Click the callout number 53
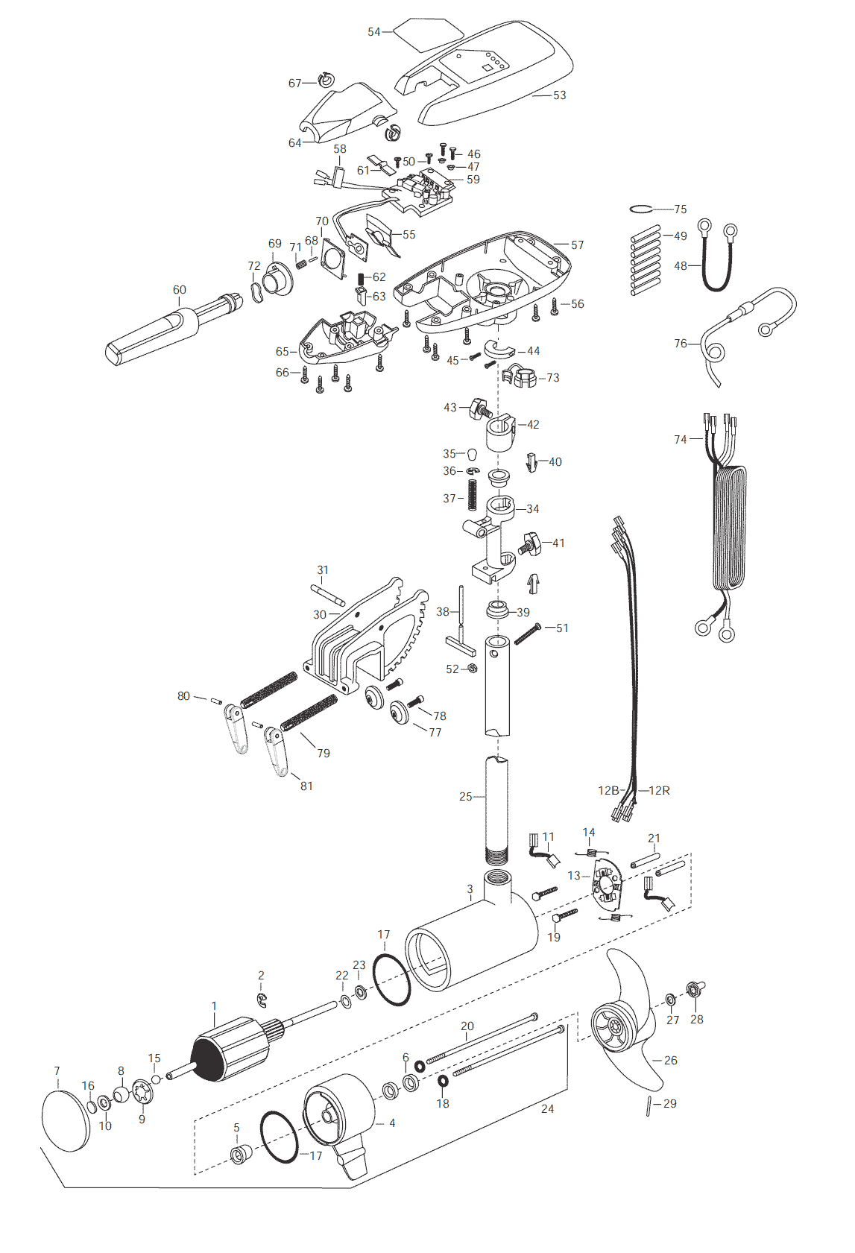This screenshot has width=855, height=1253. (559, 95)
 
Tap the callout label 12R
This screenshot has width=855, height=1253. (659, 790)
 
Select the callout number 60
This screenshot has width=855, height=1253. (179, 290)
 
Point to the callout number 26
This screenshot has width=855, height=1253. (670, 1060)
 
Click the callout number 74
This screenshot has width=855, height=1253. (681, 440)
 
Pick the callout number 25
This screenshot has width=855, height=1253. (466, 797)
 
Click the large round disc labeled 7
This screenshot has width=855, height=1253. (66, 1121)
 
